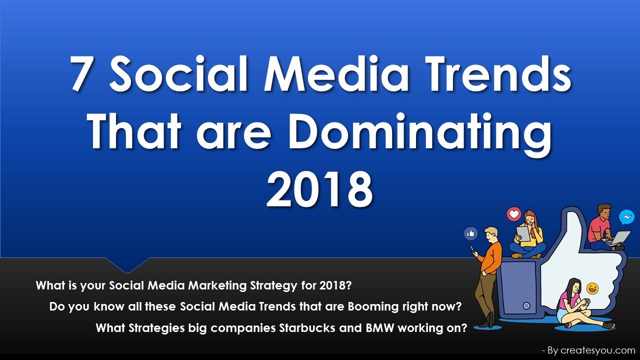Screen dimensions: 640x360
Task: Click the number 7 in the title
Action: pyautogui.click(x=79, y=73)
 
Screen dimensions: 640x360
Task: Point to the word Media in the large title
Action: pyautogui.click(x=336, y=73)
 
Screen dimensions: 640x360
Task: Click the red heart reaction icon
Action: pyautogui.click(x=514, y=214)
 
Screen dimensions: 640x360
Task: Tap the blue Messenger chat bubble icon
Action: pyautogui.click(x=626, y=217)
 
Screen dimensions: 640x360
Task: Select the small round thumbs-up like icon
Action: pyautogui.click(x=471, y=233)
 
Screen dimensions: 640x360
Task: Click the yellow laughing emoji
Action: pyautogui.click(x=592, y=288)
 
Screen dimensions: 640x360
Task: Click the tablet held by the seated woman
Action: pyautogui.click(x=523, y=233)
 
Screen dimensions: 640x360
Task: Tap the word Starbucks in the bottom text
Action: pyautogui.click(x=307, y=328)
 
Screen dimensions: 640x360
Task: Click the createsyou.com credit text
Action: pyautogui.click(x=597, y=350)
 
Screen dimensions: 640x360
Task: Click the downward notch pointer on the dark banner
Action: pyautogui.click(x=127, y=265)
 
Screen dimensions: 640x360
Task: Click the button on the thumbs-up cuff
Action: pyautogui.click(x=526, y=306)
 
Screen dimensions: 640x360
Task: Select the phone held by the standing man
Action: pyautogui.click(x=473, y=249)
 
